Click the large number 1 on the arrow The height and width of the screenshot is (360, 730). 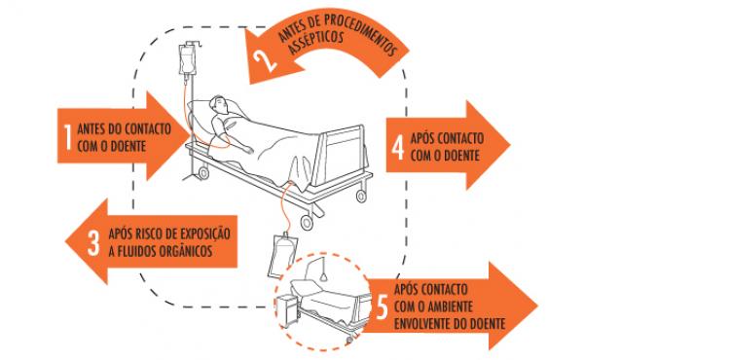tap(67, 137)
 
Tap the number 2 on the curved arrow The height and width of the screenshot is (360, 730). tap(265, 60)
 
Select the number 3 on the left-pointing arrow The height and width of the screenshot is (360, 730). tap(93, 243)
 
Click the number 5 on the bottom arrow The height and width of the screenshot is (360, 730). tap(382, 307)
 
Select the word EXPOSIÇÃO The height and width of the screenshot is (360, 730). tap(202, 234)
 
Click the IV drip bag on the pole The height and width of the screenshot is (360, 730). tap(188, 60)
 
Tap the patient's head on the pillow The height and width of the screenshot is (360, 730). tap(219, 105)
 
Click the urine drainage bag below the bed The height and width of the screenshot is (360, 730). tap(282, 255)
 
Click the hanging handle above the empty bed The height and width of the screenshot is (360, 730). tap(325, 277)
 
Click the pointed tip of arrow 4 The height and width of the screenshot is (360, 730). tap(510, 145)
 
